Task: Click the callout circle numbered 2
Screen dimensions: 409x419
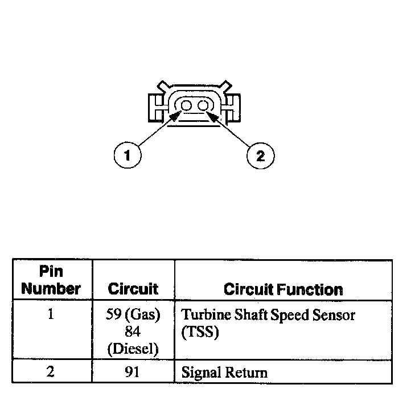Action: [260, 156]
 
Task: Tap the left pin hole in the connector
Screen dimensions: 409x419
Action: [186, 106]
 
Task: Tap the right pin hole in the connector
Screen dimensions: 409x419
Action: [203, 106]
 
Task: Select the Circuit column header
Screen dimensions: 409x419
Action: [133, 289]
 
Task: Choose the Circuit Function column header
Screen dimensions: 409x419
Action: [283, 289]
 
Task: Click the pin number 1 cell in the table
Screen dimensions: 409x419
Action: [51, 314]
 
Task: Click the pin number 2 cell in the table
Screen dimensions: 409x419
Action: [51, 373]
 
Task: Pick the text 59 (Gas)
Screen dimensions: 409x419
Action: [133, 314]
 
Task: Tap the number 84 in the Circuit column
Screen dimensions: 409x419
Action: [133, 332]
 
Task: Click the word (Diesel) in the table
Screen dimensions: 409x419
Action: [133, 348]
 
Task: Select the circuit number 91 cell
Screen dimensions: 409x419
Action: [133, 373]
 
